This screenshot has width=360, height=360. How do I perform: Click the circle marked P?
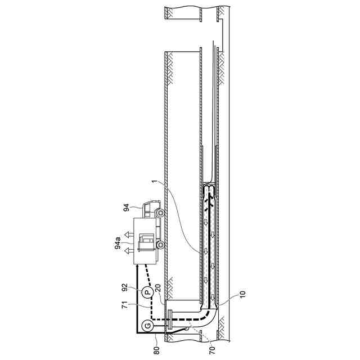point(147,292)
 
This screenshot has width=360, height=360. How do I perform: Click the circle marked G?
point(148,325)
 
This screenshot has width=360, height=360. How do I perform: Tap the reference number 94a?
point(118,244)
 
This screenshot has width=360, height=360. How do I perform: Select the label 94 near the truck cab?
point(126,208)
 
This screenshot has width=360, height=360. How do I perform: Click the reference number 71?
point(125,305)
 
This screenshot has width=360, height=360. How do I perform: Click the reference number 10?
point(243,294)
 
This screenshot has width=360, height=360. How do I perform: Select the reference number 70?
point(213,350)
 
